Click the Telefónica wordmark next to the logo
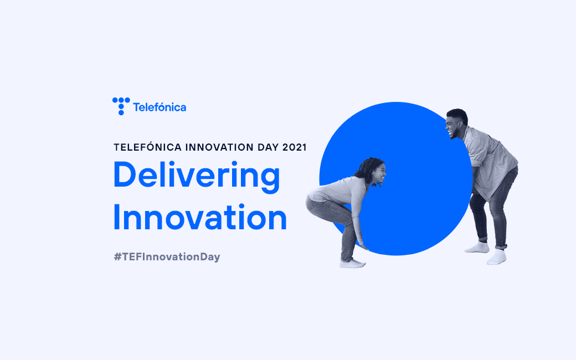[160, 107]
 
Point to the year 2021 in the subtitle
[294, 147]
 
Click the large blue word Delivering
[197, 176]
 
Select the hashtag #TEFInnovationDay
[167, 257]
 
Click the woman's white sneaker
[352, 264]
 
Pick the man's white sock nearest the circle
[477, 247]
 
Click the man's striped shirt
[490, 161]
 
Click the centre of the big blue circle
[396, 178]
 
